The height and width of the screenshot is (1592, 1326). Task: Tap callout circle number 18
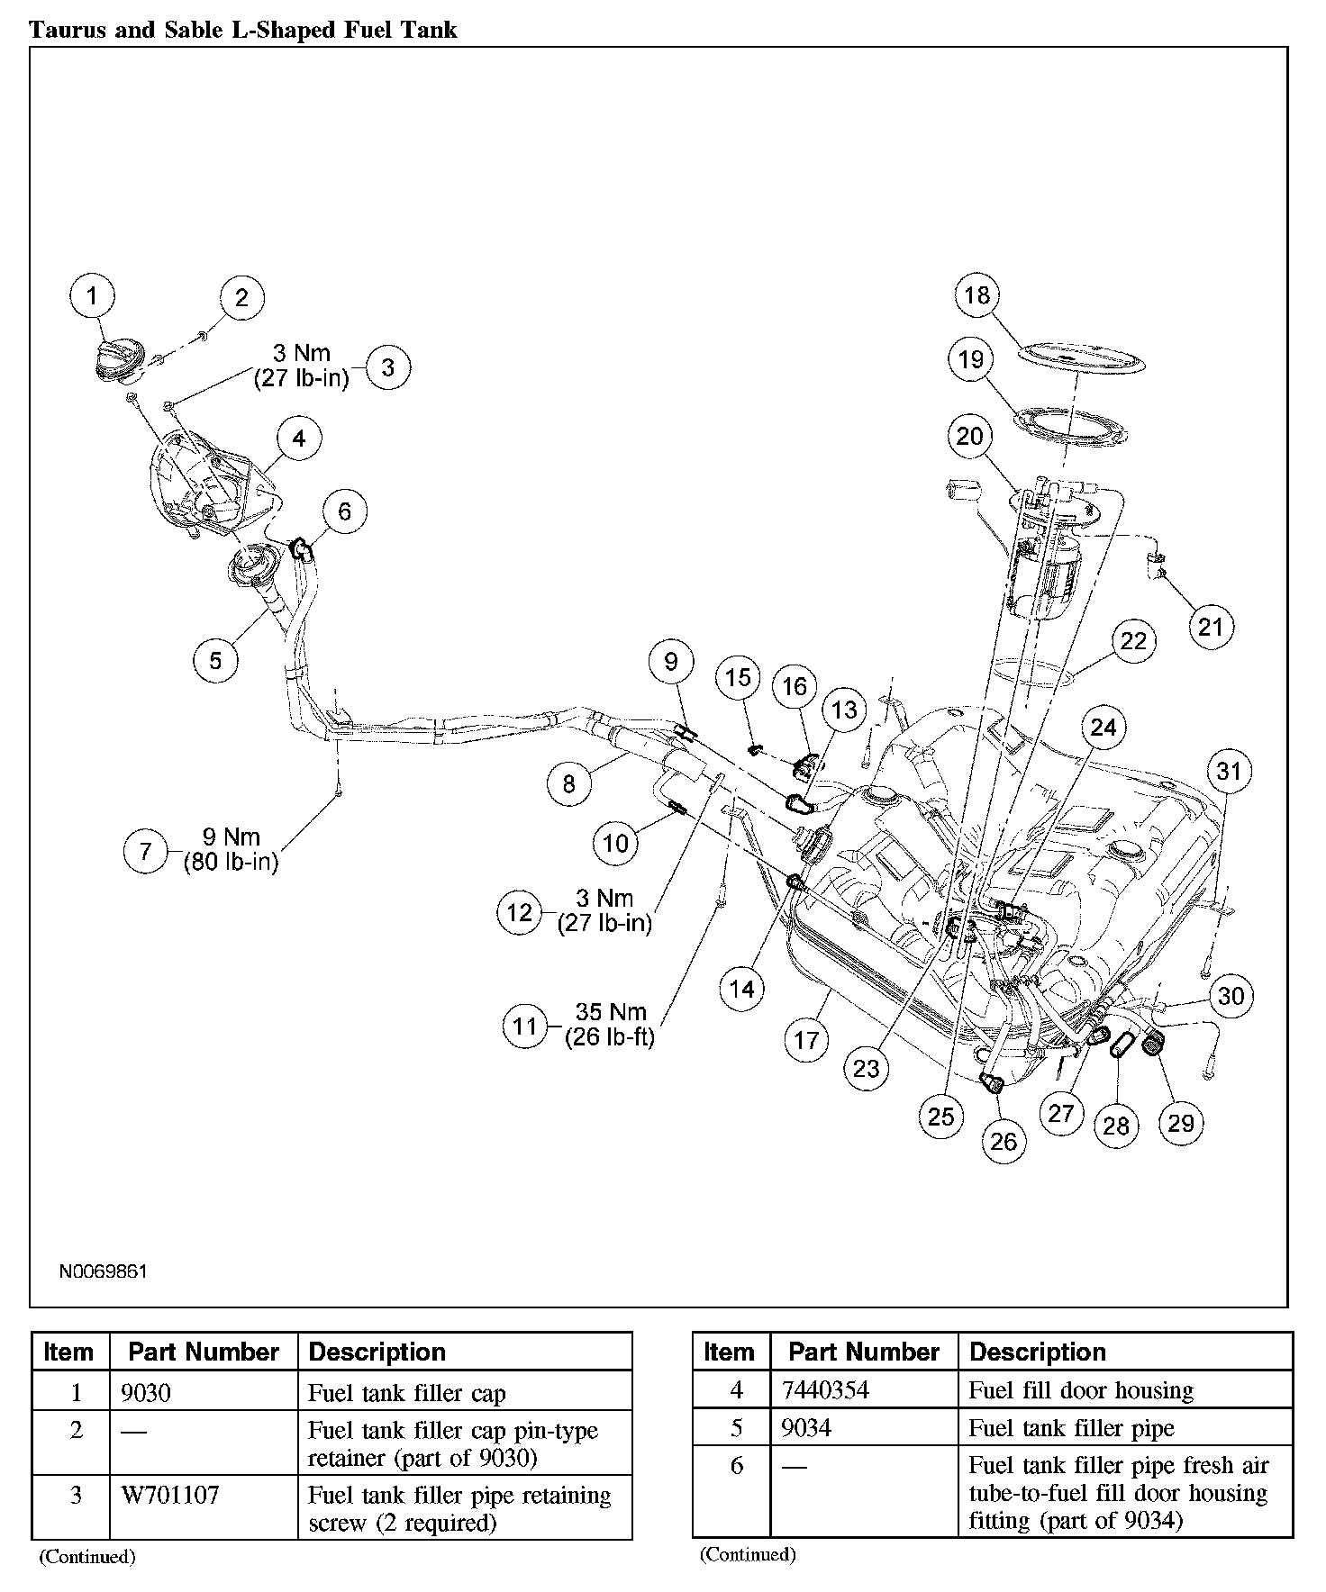tap(976, 294)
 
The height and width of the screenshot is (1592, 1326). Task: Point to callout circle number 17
tap(805, 1040)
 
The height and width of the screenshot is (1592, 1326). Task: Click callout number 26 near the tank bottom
tap(1003, 1141)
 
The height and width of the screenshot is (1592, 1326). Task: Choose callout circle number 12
tap(520, 912)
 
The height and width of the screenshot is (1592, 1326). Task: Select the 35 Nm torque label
tap(610, 1025)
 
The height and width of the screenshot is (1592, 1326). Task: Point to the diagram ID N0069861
tap(103, 1271)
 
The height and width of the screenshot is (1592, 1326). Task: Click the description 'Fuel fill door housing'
tap(1080, 1391)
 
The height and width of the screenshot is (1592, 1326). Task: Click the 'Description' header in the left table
tap(377, 1352)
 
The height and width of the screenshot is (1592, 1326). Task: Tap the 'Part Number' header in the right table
tap(863, 1352)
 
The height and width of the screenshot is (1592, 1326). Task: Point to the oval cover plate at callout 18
tap(1081, 358)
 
